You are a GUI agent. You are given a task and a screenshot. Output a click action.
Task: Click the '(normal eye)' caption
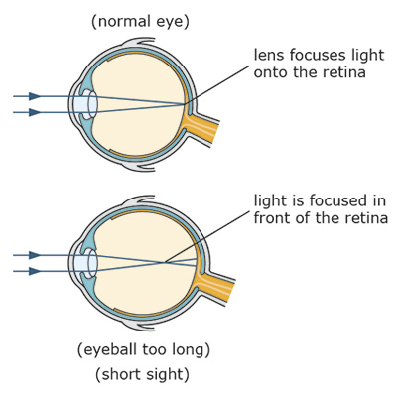[x=140, y=21]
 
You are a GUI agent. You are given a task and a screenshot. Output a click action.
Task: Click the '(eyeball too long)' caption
[x=143, y=349]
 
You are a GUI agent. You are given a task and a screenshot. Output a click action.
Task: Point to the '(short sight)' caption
[x=143, y=375]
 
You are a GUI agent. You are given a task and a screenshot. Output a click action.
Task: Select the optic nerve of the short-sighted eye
[x=220, y=288]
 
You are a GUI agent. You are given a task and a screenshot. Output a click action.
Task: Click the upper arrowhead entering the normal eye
[x=35, y=96]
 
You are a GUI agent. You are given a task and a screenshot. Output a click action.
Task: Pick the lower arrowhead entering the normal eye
[x=35, y=113]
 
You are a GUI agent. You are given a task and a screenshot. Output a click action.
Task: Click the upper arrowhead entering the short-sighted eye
[x=35, y=255]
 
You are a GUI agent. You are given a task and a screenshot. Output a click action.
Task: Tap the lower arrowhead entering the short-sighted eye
[x=35, y=271]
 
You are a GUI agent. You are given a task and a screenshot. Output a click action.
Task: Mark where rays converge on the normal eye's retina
[x=186, y=104]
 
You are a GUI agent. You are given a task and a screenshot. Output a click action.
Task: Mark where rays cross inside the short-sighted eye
[x=165, y=263]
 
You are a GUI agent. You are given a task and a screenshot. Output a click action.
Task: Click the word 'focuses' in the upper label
[x=318, y=55]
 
